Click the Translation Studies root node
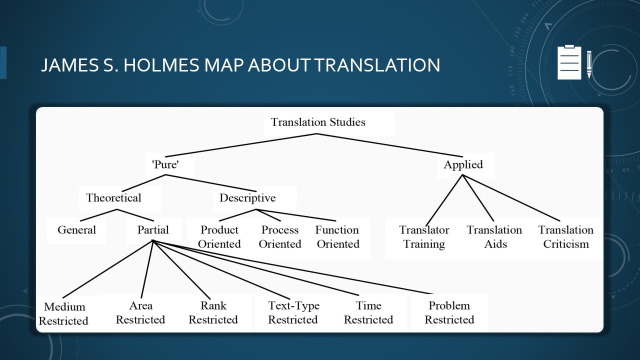(318, 122)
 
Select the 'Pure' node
(165, 164)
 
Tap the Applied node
(463, 165)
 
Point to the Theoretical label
(113, 197)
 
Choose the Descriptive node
(247, 198)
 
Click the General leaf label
(77, 229)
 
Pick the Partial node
(153, 229)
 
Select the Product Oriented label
(219, 237)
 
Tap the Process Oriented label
(280, 237)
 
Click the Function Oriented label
(337, 237)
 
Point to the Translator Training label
(424, 237)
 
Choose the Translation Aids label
(494, 237)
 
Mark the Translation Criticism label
(566, 237)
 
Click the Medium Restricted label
(63, 313)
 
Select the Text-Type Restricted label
(293, 312)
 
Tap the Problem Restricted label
(449, 312)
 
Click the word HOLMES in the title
(161, 65)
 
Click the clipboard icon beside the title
(569, 62)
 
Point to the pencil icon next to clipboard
(589, 64)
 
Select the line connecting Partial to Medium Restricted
(108, 269)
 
